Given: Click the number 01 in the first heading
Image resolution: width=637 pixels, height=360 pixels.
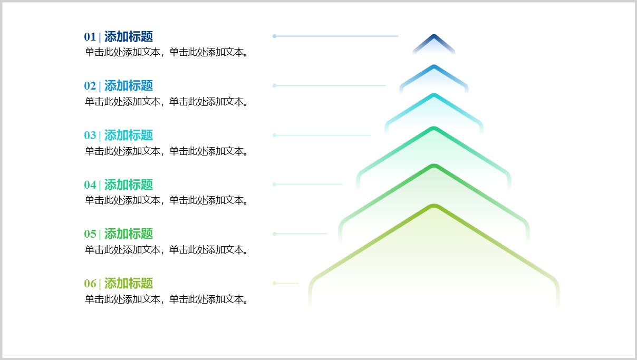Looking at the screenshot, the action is click(90, 37).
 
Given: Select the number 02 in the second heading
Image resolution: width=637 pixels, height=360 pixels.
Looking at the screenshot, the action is click(90, 86).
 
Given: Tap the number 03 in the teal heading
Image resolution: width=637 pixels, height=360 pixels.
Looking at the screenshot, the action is click(90, 135).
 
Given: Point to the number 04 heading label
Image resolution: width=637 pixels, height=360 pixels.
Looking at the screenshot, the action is click(90, 185).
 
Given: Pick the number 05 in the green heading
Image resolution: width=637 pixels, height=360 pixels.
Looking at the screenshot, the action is click(90, 234).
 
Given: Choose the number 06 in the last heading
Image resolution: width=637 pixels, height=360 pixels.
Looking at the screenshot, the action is click(90, 284).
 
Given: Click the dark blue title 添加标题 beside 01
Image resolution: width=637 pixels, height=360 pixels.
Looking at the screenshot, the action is click(129, 37).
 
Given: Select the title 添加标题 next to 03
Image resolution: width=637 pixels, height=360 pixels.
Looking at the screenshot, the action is click(129, 135).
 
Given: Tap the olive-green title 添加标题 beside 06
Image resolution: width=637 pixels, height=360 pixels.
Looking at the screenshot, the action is click(129, 284).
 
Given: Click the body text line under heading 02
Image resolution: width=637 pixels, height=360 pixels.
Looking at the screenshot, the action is click(166, 102).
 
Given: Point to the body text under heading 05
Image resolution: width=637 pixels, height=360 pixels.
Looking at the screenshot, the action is click(166, 250).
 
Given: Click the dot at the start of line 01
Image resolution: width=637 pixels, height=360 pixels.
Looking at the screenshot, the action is click(274, 36).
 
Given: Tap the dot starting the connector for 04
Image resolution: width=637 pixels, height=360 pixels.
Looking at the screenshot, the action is click(274, 184).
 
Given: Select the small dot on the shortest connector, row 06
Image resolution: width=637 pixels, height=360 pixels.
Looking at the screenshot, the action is click(274, 283).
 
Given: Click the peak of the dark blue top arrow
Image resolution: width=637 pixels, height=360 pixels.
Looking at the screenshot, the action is click(434, 35).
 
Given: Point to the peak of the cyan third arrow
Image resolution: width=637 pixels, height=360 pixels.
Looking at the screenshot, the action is click(434, 94).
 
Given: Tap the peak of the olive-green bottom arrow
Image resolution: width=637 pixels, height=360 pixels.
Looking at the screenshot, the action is click(434, 206).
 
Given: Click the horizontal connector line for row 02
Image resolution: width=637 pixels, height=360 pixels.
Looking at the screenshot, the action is click(330, 85).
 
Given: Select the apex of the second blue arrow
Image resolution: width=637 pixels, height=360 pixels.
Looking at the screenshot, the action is click(434, 66).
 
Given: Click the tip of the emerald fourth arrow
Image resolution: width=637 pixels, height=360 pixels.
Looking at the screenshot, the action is click(434, 128).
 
